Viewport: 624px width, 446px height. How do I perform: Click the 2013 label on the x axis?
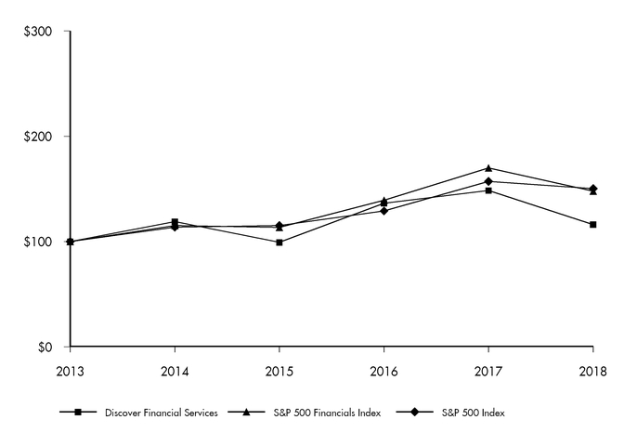point(70,370)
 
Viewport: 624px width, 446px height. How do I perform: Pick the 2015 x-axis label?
point(279,370)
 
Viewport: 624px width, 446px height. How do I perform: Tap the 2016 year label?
point(383,370)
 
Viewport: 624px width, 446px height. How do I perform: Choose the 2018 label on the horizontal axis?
point(592,370)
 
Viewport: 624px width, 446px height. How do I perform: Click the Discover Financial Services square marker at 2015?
point(279,243)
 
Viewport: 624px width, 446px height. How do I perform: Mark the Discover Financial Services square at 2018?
point(593,225)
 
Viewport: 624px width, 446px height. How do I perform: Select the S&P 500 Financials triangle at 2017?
point(488,168)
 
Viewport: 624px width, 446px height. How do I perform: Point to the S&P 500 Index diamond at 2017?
point(488,181)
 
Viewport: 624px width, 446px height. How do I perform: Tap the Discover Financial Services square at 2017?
point(488,190)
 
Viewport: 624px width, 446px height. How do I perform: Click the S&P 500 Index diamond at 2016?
point(383,211)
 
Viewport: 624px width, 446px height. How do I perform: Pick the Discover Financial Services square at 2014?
point(175,222)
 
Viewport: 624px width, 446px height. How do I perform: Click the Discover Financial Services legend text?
point(161,412)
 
